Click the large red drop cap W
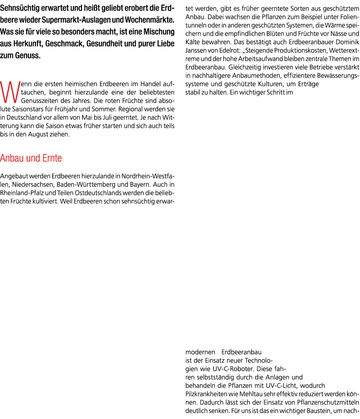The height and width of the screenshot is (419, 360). [x=10, y=92]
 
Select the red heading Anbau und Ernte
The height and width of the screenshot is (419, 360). [x=31, y=158]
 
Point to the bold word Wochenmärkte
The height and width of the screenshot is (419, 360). [x=150, y=20]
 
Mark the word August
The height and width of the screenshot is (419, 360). [x=37, y=134]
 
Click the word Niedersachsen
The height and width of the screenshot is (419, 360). [x=33, y=185]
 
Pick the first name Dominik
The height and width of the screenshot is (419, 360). [x=347, y=42]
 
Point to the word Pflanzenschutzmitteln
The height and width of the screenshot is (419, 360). [x=328, y=402]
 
